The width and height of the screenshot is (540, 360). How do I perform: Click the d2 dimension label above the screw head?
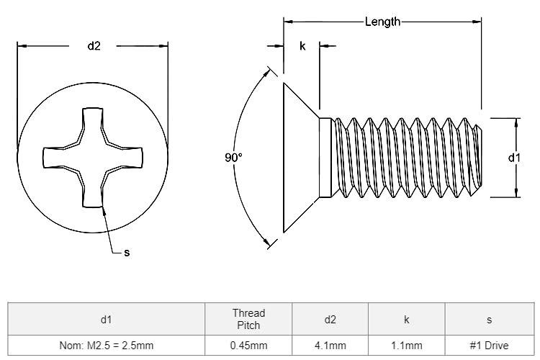coord(94,46)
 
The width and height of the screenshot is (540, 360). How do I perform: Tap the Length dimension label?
coord(382,22)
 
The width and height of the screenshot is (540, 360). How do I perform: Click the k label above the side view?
coord(302,46)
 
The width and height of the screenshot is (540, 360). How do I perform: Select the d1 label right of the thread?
coord(515,157)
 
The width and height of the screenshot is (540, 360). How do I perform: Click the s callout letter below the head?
coord(127,252)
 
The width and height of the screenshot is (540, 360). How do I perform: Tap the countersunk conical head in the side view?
coord(300,157)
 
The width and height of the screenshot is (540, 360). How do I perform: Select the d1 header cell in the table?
coord(107,319)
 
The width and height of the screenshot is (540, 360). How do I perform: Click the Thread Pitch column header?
coord(248,319)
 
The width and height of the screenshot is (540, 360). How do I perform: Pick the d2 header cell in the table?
coord(330,319)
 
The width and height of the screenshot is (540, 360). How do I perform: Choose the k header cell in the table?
coord(407,319)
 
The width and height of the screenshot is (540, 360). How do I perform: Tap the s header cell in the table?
coord(490,319)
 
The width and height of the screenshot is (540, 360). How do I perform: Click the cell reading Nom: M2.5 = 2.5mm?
coord(107,346)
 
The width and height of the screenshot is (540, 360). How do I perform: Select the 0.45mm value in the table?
coord(248,346)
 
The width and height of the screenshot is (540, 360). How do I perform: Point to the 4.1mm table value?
coord(330,346)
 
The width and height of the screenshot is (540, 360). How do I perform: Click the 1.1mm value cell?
coord(407,346)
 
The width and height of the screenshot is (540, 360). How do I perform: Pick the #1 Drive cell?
coord(490,346)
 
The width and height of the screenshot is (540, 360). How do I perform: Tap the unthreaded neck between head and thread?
coord(324,157)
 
